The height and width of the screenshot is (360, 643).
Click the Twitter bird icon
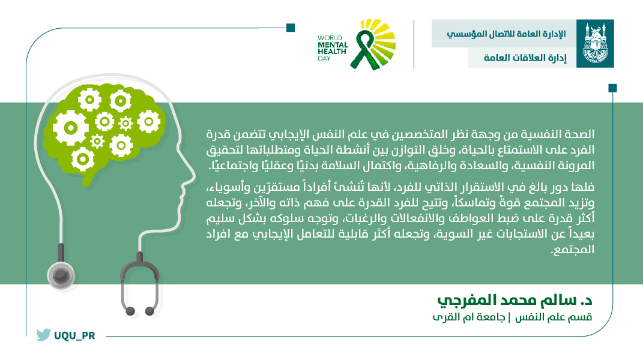(x=43, y=335)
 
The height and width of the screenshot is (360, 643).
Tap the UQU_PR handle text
(x=74, y=336)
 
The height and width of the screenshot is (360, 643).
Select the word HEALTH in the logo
(x=332, y=52)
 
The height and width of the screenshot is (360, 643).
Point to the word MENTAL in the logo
(x=333, y=44)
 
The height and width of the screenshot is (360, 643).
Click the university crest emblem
(x=595, y=43)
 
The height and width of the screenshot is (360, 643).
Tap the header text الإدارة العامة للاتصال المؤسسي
(x=506, y=34)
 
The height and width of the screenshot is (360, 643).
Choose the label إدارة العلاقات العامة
(x=525, y=58)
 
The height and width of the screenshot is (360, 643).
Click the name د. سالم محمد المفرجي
(x=515, y=300)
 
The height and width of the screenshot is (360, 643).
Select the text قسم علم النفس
(x=554, y=317)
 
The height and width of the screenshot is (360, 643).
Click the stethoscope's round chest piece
(x=61, y=275)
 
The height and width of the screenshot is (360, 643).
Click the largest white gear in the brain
(x=70, y=128)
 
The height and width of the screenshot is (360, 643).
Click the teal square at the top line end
(x=291, y=28)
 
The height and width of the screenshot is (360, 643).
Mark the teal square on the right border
(x=612, y=88)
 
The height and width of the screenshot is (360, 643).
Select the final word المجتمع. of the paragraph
(x=573, y=250)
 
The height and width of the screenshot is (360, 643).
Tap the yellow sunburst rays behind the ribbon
(x=381, y=39)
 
